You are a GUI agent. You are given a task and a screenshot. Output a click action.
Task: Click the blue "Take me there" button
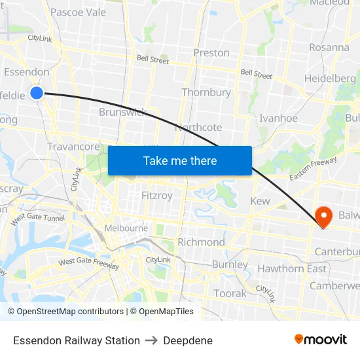pos(180,160)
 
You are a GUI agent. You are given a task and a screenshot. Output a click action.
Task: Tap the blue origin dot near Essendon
pos(37,93)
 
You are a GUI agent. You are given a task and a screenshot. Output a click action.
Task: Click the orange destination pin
pos(323,216)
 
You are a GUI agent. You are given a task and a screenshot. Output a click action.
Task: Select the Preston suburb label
pos(211,52)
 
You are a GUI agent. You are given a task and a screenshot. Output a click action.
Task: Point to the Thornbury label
pos(206,92)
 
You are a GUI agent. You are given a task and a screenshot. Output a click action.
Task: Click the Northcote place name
pos(198,127)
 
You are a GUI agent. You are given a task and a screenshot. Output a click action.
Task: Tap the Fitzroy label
pos(157,195)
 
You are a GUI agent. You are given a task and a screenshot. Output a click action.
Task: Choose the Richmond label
pos(201,242)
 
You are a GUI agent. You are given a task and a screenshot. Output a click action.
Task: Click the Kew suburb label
pos(260,201)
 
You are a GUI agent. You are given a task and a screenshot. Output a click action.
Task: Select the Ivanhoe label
pos(278,118)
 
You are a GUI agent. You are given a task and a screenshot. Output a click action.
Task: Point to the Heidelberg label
pos(330,79)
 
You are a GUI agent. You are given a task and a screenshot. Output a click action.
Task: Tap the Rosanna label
pos(329,47)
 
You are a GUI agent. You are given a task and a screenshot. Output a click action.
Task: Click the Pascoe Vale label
pos(78,12)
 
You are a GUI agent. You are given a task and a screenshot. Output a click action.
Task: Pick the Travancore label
pos(73,147)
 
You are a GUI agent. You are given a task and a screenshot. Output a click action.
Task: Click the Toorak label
pos(230,293)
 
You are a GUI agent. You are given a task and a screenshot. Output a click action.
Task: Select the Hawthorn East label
pos(291,268)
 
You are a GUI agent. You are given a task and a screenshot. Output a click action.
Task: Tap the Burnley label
pos(230,265)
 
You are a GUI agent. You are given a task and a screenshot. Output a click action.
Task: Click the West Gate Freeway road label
pos(88,263)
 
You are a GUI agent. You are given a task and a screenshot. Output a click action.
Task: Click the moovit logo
pos(321,340)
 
